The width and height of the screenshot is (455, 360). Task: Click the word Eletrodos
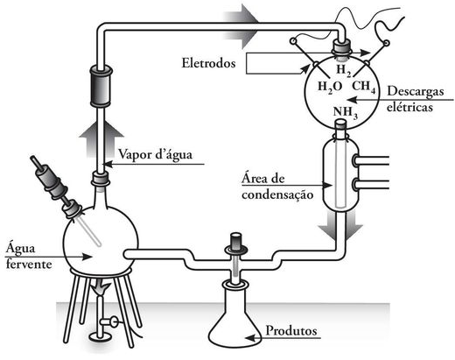point(208,63)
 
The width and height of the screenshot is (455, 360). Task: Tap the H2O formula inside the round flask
point(330,87)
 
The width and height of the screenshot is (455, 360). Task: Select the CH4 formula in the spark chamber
point(364,87)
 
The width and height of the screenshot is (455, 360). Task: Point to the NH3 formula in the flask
point(346,112)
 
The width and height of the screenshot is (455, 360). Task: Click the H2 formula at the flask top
point(343,71)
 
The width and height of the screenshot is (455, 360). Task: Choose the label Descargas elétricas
point(415,99)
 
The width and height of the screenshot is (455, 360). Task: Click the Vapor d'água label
point(155,154)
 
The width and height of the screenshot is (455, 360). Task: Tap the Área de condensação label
point(277,187)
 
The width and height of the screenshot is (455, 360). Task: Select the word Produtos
point(291,331)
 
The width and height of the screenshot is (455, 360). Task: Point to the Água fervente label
point(29,255)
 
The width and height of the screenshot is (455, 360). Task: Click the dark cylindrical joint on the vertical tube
point(101,86)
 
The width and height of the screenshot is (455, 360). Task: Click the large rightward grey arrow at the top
point(241,25)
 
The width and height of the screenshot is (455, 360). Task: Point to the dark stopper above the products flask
point(236,241)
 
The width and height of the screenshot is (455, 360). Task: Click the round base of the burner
point(101,337)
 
